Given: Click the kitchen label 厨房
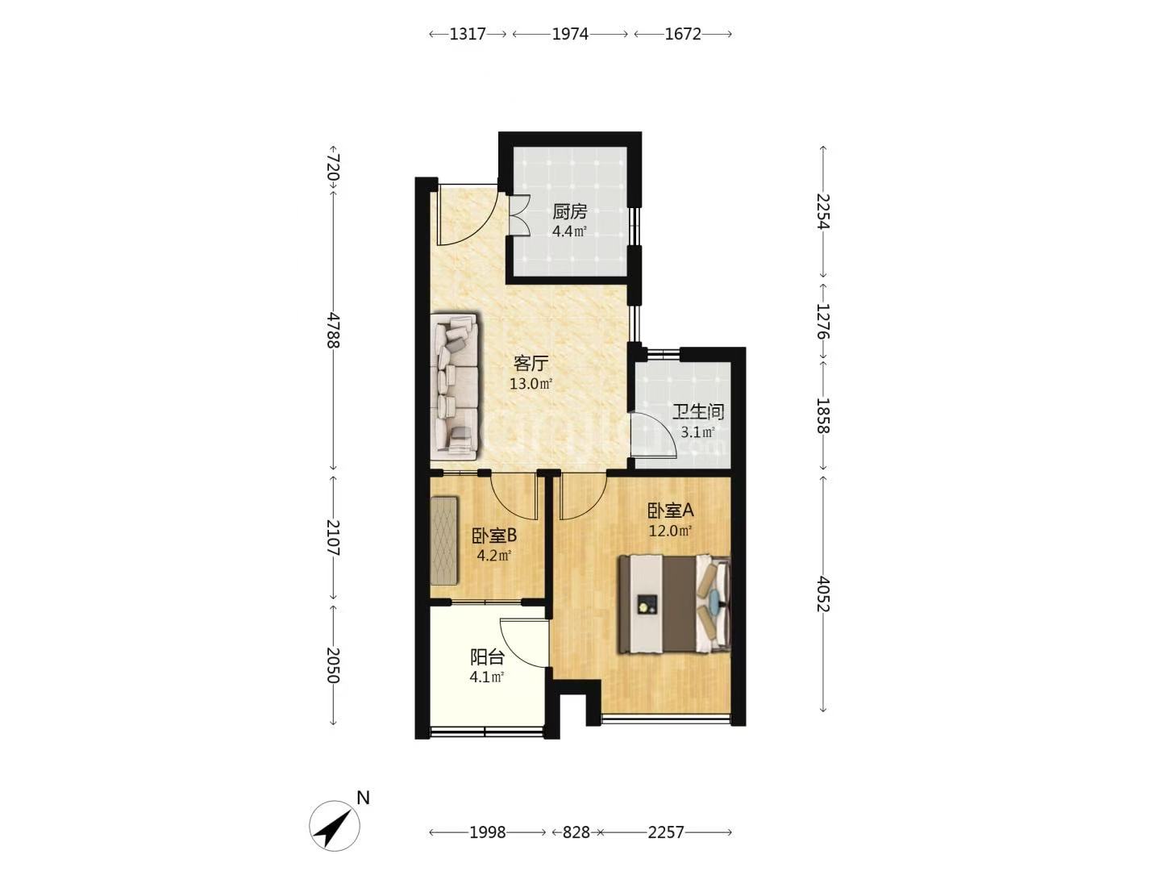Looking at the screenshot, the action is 570,212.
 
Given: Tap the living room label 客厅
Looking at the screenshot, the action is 531,363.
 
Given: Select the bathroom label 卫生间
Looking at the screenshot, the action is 697,411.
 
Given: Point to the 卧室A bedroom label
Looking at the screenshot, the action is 670,511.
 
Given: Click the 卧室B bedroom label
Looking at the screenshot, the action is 494,536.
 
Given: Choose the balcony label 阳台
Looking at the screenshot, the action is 487,657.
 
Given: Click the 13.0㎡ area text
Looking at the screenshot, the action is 531,384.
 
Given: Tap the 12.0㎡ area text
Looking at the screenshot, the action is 671,531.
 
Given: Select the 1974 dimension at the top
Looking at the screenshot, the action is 570,34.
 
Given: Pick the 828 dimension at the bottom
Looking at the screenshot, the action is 576,832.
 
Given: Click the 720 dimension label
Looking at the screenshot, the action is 333,167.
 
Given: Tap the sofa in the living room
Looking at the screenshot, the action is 455,386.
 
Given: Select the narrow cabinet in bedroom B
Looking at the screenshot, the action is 443,540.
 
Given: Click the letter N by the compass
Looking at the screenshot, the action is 363,798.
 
